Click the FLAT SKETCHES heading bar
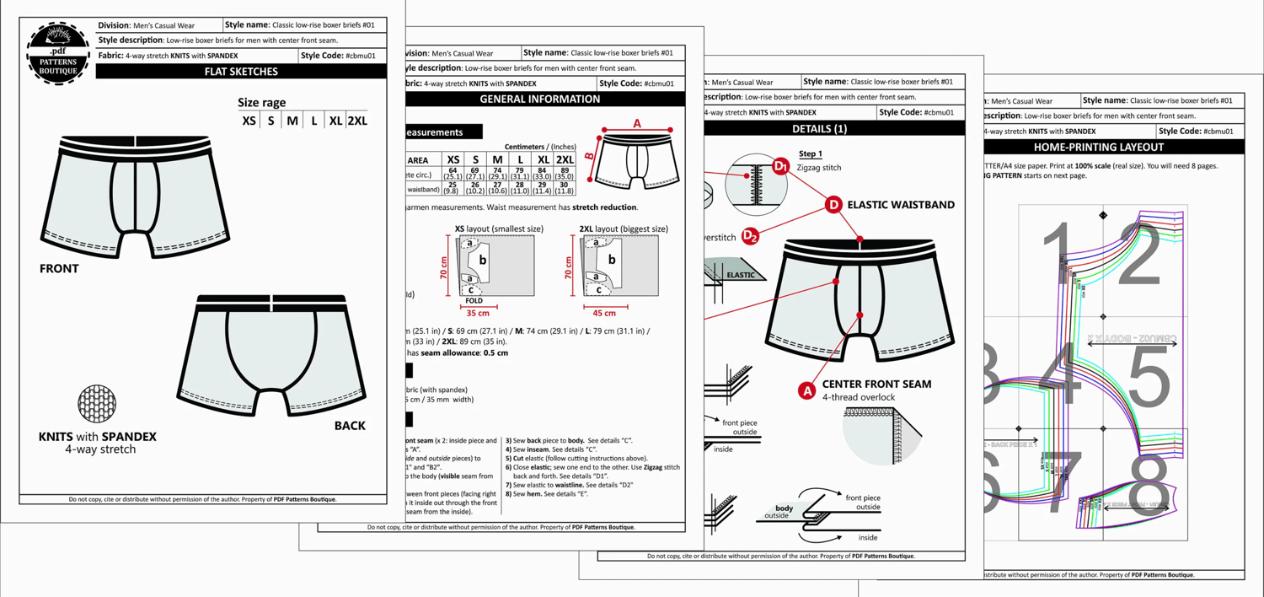click(x=241, y=72)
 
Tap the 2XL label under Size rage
click(x=357, y=121)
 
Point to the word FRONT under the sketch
click(x=59, y=269)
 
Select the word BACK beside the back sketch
click(x=350, y=426)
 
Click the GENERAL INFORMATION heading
click(x=540, y=99)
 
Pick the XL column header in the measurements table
click(x=543, y=159)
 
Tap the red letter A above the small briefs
click(x=637, y=123)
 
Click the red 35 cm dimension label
click(x=478, y=313)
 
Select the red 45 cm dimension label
click(x=604, y=313)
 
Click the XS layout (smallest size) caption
click(x=499, y=229)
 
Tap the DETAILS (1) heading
click(x=820, y=129)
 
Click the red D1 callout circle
click(x=780, y=167)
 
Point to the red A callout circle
click(x=806, y=390)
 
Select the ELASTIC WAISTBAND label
click(x=901, y=204)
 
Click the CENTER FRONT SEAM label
click(x=876, y=384)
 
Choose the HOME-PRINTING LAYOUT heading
click(x=1098, y=147)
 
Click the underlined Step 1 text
click(x=810, y=154)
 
